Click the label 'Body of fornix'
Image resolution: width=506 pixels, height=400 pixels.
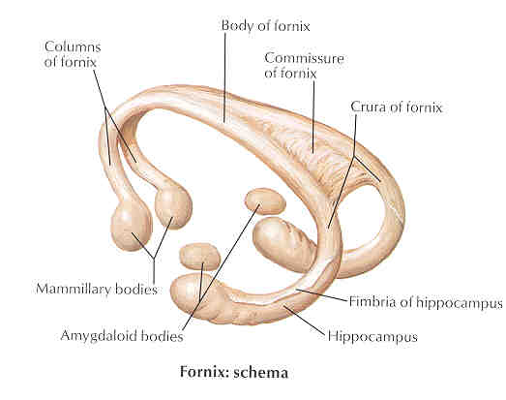265,26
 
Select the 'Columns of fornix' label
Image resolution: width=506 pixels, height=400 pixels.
73,54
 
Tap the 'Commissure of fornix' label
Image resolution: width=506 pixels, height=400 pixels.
304,66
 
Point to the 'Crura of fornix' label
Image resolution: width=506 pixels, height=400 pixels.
397,107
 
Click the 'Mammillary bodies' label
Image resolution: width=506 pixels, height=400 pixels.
97,289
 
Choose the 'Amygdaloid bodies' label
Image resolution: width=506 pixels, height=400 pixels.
122,336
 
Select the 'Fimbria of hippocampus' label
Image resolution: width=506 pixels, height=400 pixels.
426,302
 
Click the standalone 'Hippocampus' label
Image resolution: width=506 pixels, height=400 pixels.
372,337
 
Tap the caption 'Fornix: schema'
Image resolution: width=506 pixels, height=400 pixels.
233,372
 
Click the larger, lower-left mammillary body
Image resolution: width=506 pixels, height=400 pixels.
131,229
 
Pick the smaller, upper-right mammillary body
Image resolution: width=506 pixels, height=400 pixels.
173,207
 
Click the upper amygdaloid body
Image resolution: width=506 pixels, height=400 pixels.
265,201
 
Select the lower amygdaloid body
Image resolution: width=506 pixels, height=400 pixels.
200,257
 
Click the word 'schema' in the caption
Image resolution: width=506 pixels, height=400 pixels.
260,373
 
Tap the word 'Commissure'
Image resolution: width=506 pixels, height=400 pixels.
304,58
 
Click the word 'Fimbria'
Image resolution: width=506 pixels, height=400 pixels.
370,302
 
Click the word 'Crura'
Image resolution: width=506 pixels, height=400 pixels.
369,107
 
